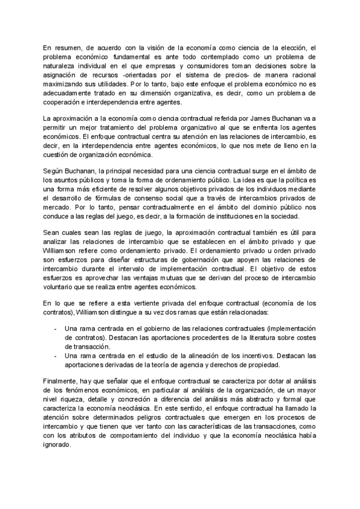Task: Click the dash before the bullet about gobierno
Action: (x=56, y=329)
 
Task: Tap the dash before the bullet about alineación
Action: (x=56, y=358)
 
